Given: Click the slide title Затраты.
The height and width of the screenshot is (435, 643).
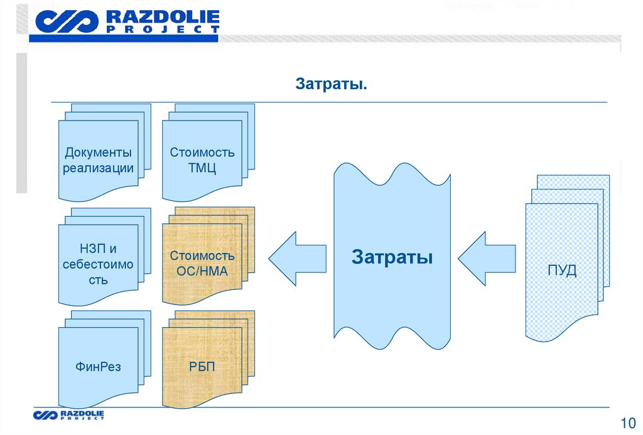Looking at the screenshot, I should click(x=332, y=84).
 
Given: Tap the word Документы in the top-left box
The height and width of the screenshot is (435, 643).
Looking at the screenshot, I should click(x=98, y=153).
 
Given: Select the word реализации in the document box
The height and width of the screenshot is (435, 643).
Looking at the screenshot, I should click(x=98, y=168).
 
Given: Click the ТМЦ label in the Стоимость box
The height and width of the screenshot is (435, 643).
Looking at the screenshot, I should click(x=202, y=168).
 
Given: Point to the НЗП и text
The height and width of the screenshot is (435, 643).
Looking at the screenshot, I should click(x=98, y=250).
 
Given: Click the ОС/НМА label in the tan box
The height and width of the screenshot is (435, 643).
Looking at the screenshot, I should click(x=202, y=272).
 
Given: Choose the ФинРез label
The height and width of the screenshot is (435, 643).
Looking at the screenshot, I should click(x=98, y=367).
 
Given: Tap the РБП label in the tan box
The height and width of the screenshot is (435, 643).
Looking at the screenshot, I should click(x=202, y=367).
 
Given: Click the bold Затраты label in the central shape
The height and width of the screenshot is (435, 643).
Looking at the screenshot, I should click(x=392, y=257).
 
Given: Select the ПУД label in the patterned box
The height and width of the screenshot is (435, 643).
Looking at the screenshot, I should click(x=561, y=272).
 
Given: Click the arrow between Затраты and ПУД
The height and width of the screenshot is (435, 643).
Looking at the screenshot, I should click(x=486, y=257).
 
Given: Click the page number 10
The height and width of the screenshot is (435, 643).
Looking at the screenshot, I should click(x=627, y=422).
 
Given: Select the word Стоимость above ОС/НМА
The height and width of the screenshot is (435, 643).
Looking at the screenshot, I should click(x=202, y=256).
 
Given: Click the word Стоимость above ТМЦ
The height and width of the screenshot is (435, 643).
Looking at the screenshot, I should click(x=202, y=153).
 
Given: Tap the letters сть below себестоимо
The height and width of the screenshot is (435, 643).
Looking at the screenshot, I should click(x=98, y=280).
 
